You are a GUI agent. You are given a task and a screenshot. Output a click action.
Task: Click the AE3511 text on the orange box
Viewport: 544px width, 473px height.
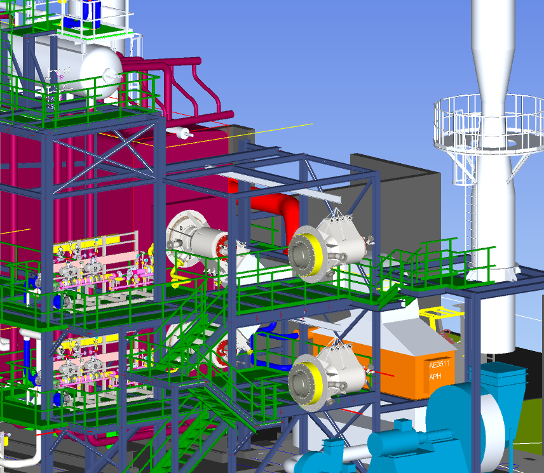click(x=439, y=364)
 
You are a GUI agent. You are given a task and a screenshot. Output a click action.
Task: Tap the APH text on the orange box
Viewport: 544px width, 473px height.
click(x=435, y=376)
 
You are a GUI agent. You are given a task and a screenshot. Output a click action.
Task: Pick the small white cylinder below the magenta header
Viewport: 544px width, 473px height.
click(x=180, y=133)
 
